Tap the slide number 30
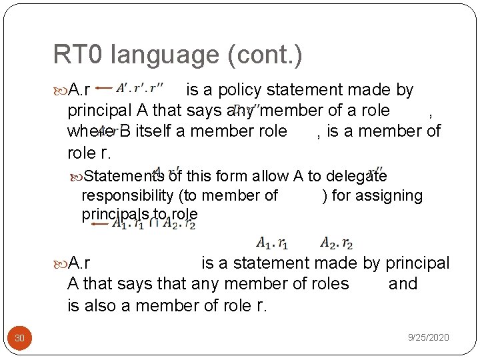click(x=20, y=338)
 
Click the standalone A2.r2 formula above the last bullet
click(x=337, y=243)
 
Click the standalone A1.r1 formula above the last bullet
click(x=272, y=243)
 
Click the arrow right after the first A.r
click(x=103, y=87)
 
